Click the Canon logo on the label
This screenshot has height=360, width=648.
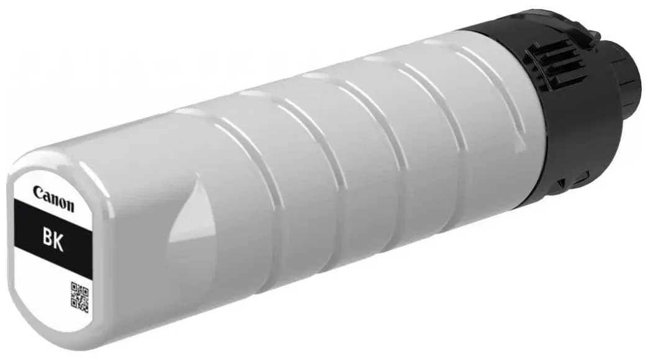pyautogui.click(x=53, y=199)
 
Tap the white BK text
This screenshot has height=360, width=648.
pyautogui.click(x=53, y=241)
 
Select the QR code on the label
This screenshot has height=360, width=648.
pyautogui.click(x=79, y=297)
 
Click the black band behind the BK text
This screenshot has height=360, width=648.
pyautogui.click(x=53, y=239)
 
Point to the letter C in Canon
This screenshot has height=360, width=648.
pyautogui.click(x=38, y=192)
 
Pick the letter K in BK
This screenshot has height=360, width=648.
pyautogui.click(x=59, y=242)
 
